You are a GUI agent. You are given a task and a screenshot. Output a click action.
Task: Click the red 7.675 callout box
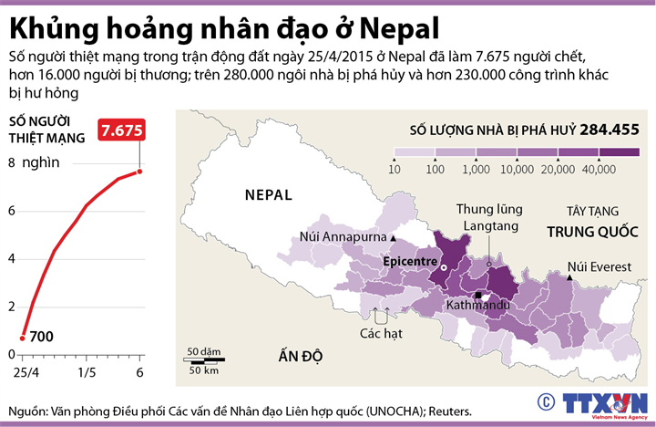[122, 130]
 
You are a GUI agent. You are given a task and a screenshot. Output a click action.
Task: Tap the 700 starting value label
[41, 337]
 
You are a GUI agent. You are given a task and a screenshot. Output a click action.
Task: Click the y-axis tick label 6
[12, 211]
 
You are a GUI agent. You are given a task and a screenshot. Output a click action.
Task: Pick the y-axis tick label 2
[12, 307]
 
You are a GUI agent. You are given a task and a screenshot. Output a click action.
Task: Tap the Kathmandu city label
[477, 306]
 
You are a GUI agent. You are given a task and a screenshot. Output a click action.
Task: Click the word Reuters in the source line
[446, 411]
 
